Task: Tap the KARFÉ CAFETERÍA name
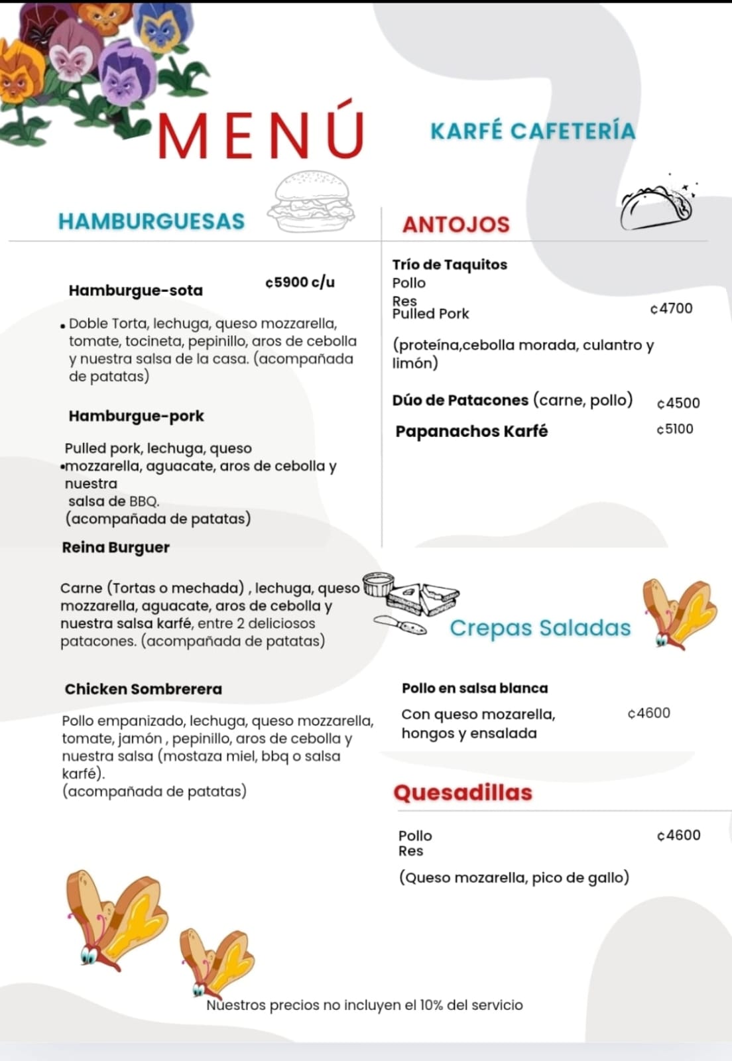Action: tap(532, 131)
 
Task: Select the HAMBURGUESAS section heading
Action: tap(151, 221)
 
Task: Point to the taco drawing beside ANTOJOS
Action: tap(657, 206)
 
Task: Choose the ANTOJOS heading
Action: tap(456, 225)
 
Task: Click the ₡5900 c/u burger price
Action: tap(300, 282)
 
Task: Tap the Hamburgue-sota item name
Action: tap(135, 290)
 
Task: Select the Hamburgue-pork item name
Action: tap(136, 416)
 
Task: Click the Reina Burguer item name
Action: tap(115, 547)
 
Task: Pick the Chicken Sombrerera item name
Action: tap(143, 689)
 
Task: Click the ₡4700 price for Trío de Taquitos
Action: tap(671, 308)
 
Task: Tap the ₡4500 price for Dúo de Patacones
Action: tap(678, 403)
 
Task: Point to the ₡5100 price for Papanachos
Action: tap(674, 429)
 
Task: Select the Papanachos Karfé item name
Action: tap(471, 431)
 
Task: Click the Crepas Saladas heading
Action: tap(540, 627)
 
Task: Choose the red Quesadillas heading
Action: tap(463, 792)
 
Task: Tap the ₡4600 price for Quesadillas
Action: tap(678, 835)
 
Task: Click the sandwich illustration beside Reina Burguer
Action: tap(411, 600)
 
